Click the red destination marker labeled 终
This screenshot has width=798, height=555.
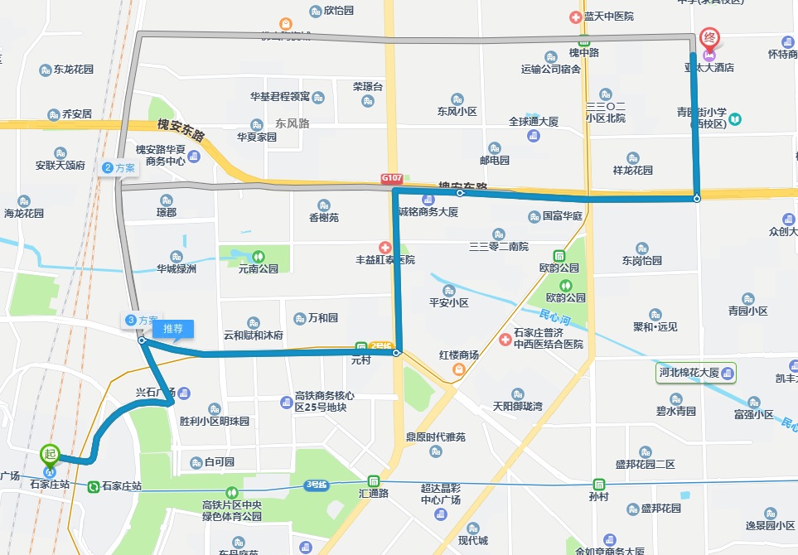coord(709,38)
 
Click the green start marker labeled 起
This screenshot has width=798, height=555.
coord(51,454)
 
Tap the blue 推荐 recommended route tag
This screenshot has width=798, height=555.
coord(172,329)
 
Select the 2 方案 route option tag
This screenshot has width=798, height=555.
coord(118,167)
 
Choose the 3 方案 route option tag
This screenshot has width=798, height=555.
coord(141,321)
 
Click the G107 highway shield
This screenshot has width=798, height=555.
coord(391,178)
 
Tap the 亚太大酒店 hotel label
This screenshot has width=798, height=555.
coord(709,68)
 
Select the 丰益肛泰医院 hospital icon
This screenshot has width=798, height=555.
coord(384,247)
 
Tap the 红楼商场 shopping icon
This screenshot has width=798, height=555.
coord(458,369)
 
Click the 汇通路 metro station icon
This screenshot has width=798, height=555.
coord(374,480)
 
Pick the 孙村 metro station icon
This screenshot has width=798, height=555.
coord(598,484)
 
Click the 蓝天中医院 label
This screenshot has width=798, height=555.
coord(608,17)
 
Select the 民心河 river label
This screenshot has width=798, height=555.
coord(554,318)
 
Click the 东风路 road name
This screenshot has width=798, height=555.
coord(292,123)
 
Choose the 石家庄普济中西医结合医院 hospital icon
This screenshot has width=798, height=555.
coord(505,339)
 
